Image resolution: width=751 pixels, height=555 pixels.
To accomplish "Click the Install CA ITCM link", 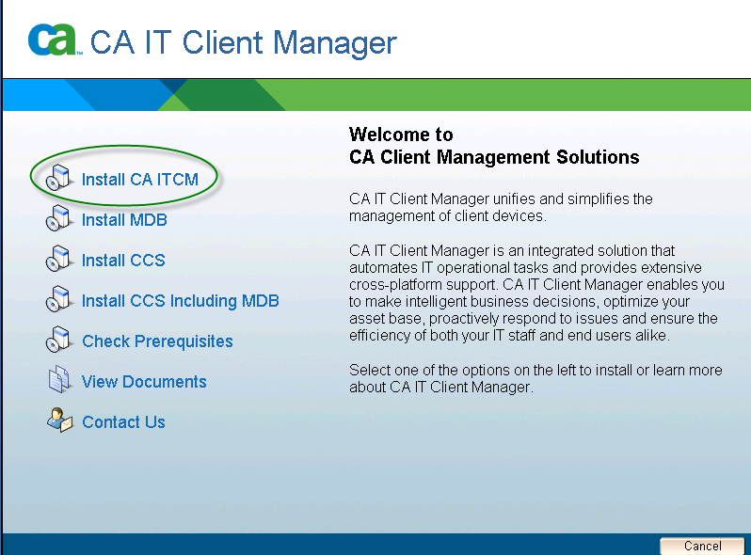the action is coord(140,179).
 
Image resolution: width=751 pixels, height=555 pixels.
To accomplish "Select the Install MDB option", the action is coord(124,220).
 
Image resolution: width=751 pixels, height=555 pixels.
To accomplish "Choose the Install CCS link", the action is coord(123,260).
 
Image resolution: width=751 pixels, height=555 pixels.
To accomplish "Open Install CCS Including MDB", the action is coord(181,301).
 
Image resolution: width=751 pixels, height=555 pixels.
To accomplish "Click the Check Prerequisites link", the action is coord(157,341).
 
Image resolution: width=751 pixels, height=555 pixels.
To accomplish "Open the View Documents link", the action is coord(144,382).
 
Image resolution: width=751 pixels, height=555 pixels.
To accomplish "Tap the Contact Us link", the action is coord(123,421).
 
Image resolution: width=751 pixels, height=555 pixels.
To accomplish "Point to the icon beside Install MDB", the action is coord(60,218).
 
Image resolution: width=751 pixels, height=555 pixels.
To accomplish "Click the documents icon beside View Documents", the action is coord(60,380).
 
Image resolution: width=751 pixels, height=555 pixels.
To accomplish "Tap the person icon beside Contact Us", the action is coord(60,420).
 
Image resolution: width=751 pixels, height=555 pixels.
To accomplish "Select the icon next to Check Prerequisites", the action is coord(60,340).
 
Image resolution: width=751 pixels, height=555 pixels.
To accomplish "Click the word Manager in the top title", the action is coord(335,43).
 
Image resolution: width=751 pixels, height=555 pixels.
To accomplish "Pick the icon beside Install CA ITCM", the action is coord(60,178).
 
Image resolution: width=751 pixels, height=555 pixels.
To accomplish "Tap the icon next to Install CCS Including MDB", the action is coord(60,299).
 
